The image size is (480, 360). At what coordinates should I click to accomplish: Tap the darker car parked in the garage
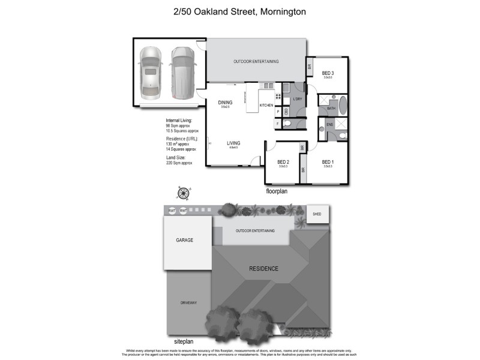pyautogui.click(x=181, y=73)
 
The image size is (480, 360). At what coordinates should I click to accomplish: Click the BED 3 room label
pyautogui.click(x=328, y=73)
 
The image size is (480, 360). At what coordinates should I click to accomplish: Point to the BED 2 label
pyautogui.click(x=284, y=162)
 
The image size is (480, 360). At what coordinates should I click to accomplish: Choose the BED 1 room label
pyautogui.click(x=328, y=162)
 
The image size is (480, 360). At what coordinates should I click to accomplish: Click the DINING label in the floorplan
pyautogui.click(x=225, y=103)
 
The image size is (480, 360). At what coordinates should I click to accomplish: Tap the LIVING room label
pyautogui.click(x=233, y=143)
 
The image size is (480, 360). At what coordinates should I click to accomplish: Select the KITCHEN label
pyautogui.click(x=266, y=106)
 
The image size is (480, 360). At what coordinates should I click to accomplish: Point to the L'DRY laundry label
pyautogui.click(x=298, y=100)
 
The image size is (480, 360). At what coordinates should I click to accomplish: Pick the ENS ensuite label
pyautogui.click(x=329, y=124)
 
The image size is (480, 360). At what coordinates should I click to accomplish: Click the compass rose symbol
pyautogui.click(x=183, y=193)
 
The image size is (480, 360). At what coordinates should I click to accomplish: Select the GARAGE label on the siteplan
pyautogui.click(x=185, y=239)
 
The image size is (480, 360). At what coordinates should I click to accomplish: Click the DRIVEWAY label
pyautogui.click(x=188, y=303)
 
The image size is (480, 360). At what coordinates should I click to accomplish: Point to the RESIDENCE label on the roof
pyautogui.click(x=263, y=268)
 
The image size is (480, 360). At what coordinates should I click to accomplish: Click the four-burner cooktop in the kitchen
pyautogui.click(x=279, y=97)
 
